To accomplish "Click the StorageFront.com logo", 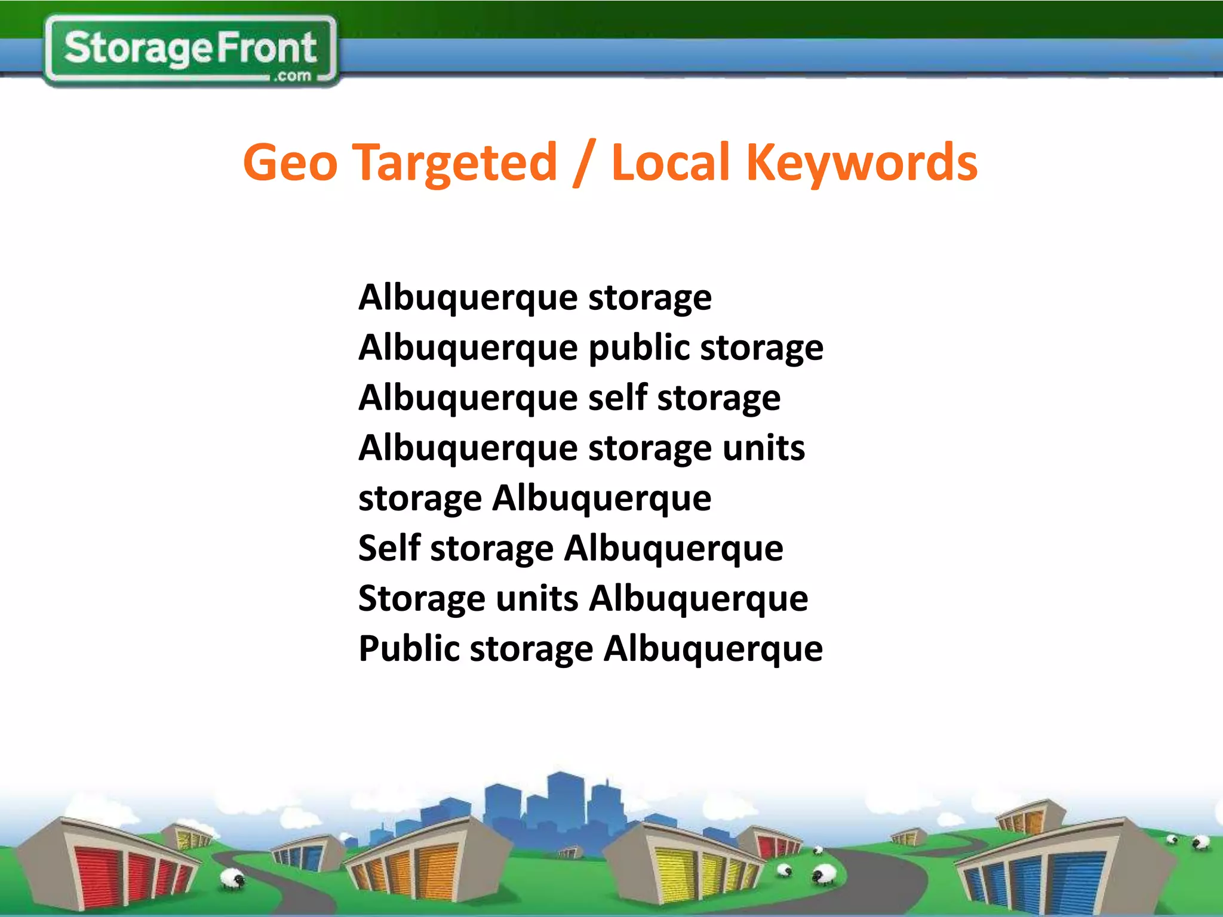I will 190,51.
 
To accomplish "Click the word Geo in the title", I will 290,162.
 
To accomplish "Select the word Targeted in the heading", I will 456,162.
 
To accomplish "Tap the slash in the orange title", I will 584,162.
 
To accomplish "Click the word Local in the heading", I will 671,162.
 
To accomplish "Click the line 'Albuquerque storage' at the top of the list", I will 534,297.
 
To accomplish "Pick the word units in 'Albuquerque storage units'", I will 764,448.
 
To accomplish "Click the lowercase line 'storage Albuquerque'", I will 534,498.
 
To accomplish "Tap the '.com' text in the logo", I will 293,76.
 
